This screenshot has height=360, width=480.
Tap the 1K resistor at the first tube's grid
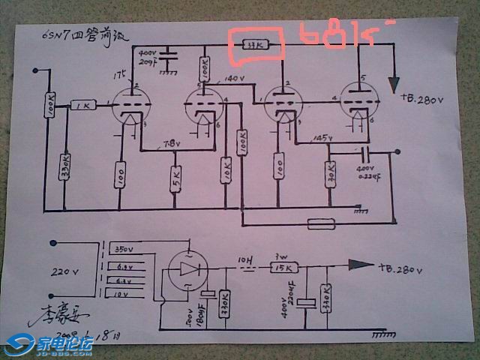(x=82, y=106)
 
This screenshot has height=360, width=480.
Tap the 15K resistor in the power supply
(x=284, y=268)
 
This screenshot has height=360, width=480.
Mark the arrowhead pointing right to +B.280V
(x=360, y=265)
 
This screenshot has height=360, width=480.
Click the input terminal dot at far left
(x=34, y=72)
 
